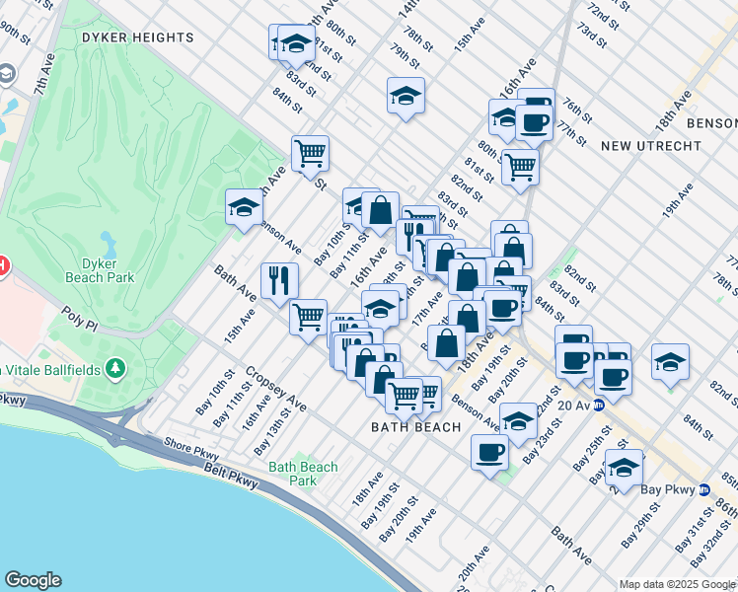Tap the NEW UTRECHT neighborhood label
pos(649,145)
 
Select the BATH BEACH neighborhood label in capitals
pos(415,427)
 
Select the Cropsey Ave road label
pos(277,394)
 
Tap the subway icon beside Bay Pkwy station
pos(703,490)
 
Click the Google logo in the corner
pos(32,580)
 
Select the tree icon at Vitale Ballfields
pos(117,368)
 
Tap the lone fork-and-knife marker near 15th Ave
pos(279,279)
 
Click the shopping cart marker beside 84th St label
pos(310,153)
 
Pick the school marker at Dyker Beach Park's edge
pos(244,207)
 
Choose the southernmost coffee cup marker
pos(490,453)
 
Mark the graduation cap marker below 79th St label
pos(406,96)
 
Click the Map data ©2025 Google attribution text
pos(677,584)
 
